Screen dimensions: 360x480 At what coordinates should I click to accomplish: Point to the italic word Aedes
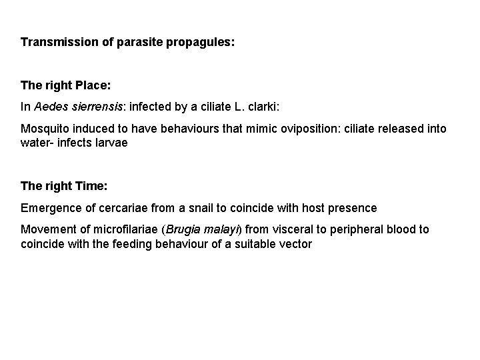(x=49, y=107)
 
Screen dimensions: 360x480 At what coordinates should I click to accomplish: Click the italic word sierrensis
(x=92, y=107)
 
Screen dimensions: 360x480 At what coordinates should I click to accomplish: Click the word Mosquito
(x=44, y=128)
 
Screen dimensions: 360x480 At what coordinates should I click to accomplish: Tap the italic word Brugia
(x=182, y=229)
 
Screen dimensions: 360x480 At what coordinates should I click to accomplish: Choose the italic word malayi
(x=222, y=229)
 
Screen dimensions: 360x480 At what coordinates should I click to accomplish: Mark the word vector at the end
(x=295, y=244)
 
